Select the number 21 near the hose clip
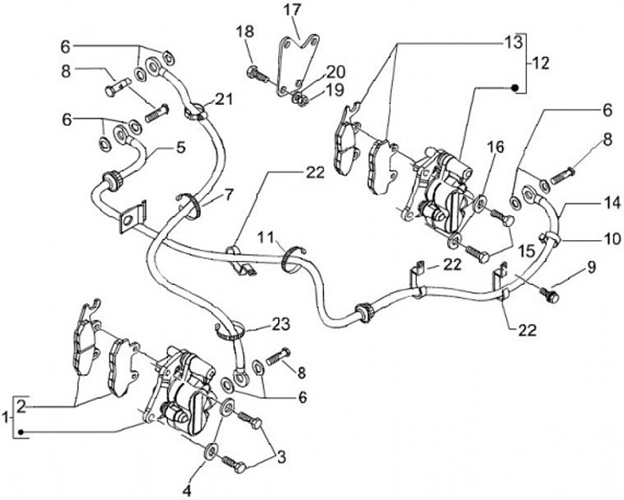225,100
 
